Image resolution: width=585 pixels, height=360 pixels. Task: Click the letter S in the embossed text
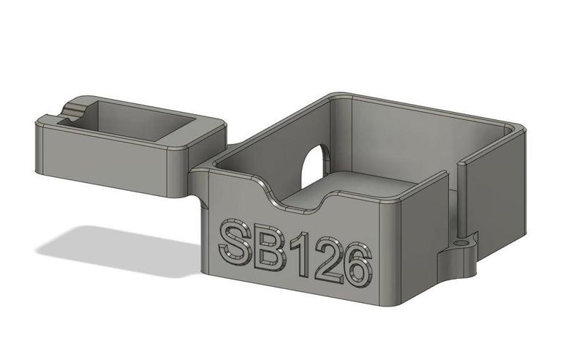236,242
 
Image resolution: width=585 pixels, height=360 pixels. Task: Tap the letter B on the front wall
269,249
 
